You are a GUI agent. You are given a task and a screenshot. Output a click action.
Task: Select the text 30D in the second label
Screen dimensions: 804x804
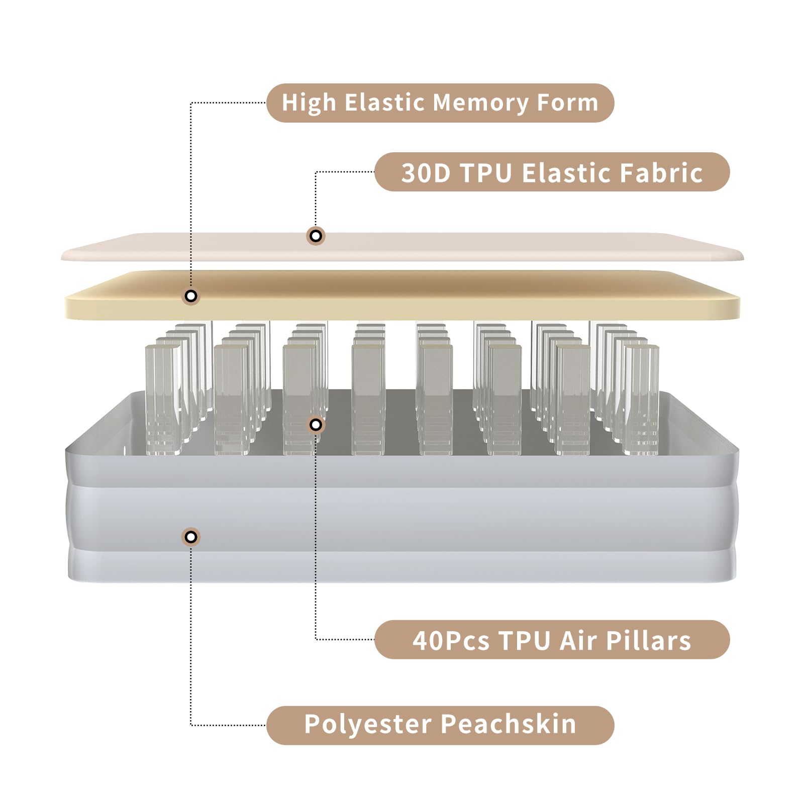click(426, 173)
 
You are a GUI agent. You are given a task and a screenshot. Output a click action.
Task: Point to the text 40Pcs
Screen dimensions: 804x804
click(451, 641)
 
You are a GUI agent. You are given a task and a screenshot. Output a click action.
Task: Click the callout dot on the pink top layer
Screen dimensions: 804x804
click(316, 236)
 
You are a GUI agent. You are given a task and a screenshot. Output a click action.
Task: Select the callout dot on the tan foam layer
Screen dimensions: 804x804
click(191, 296)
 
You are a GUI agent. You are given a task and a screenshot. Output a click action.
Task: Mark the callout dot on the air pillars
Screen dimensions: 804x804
click(316, 425)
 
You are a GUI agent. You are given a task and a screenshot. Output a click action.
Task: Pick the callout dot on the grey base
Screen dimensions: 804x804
click(191, 537)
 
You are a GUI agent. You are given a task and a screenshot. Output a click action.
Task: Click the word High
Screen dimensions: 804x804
click(309, 103)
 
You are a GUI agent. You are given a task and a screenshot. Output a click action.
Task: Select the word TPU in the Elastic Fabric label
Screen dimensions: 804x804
click(486, 173)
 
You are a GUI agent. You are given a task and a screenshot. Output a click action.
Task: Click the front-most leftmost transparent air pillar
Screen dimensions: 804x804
click(163, 399)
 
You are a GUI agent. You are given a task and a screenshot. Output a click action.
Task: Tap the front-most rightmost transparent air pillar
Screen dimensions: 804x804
click(641, 399)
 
